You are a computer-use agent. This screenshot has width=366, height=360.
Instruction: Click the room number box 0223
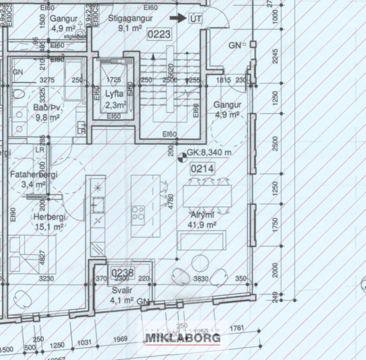pos(160,35)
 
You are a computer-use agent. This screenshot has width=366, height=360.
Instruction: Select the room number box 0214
pos(203,169)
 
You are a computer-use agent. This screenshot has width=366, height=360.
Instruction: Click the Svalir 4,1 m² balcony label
pos(122,296)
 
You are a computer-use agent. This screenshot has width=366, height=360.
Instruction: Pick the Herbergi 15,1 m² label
pos(49,221)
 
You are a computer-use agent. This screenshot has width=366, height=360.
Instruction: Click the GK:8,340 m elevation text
pos(210,153)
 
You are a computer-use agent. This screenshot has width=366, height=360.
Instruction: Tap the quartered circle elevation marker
pos(182,155)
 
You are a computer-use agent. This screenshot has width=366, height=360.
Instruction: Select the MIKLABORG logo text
pos(183,338)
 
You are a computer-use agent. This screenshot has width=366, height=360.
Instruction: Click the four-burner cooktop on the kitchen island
pos(138,213)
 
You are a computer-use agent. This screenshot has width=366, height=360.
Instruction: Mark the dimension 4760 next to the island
pos(171,201)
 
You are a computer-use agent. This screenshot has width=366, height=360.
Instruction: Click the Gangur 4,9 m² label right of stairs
pos(227,109)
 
